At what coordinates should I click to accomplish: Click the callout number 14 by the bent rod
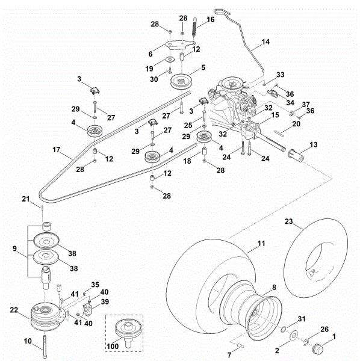click(x=265, y=43)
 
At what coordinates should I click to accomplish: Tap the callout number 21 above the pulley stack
click(x=42, y=199)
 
